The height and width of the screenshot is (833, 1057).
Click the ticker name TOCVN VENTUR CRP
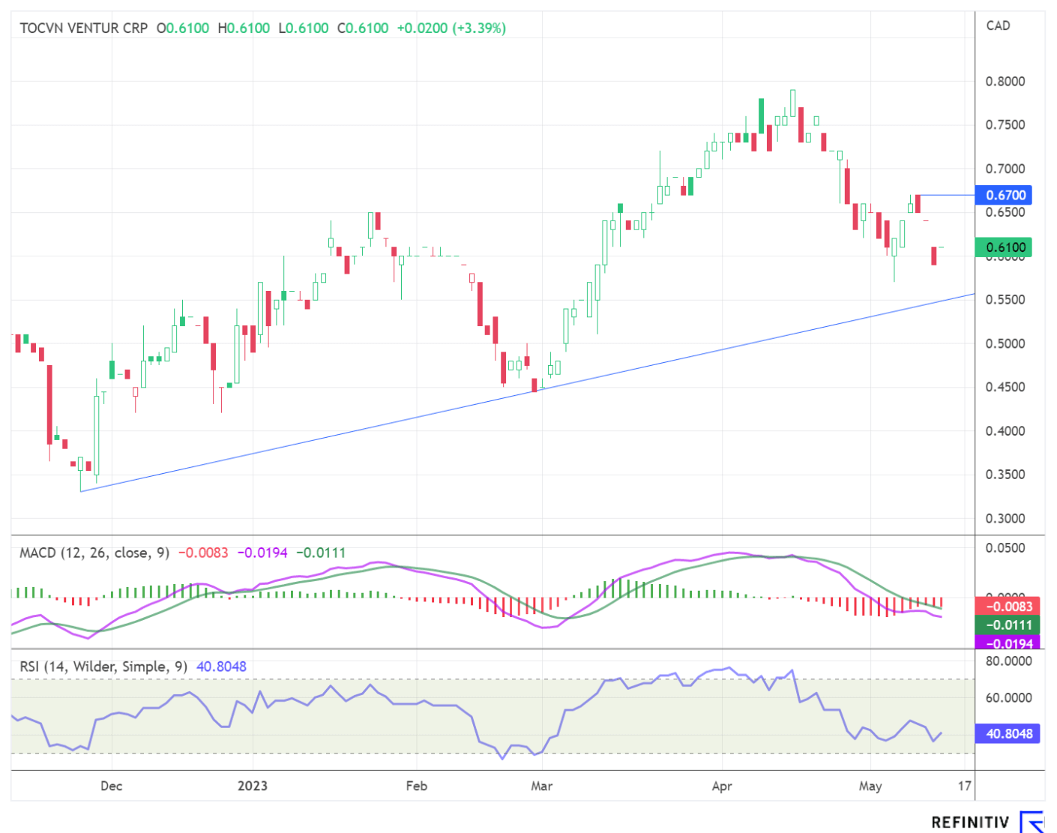(83, 28)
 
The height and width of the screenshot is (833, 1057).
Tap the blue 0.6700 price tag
(1005, 196)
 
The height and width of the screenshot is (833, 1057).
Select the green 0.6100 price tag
(1005, 247)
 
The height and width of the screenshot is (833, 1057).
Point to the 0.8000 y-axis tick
(1005, 82)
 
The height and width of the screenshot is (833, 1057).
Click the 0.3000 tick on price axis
(1005, 519)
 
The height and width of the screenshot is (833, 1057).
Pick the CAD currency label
(998, 26)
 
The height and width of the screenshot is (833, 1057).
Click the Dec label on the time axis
(111, 786)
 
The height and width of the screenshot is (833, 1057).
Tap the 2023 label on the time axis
(252, 786)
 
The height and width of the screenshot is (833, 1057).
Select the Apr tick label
(721, 786)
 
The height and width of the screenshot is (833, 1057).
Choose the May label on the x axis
(870, 786)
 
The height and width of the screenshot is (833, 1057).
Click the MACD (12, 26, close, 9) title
(94, 553)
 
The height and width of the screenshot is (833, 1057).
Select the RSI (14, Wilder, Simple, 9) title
(103, 667)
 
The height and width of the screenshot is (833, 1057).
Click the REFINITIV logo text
(970, 823)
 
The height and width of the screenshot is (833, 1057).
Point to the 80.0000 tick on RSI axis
(1008, 661)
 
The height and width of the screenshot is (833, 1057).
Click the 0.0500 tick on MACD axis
(1005, 548)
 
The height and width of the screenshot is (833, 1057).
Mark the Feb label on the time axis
(416, 786)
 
